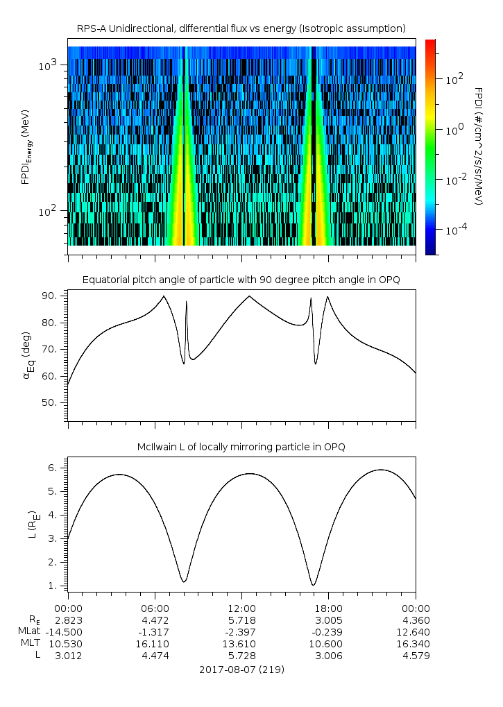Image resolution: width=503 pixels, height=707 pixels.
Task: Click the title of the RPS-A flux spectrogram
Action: (x=241, y=29)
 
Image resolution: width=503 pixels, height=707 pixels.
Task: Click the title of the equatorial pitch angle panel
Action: (x=241, y=280)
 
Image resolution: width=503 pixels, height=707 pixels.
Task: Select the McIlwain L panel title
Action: (x=241, y=447)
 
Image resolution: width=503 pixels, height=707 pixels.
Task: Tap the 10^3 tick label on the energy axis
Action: (x=47, y=65)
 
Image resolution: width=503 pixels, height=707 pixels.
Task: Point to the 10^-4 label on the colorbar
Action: (x=456, y=230)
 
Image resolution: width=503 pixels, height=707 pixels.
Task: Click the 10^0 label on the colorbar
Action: (x=454, y=130)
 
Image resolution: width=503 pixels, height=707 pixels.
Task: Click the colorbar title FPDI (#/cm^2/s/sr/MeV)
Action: (x=479, y=146)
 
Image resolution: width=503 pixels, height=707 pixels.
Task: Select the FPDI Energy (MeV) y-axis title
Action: (x=26, y=146)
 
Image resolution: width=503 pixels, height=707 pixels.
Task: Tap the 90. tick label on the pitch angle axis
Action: (x=49, y=296)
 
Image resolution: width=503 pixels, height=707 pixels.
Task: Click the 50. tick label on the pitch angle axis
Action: (x=49, y=402)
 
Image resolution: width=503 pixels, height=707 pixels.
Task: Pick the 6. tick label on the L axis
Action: (x=52, y=468)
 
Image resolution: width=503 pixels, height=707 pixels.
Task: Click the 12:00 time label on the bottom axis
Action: (x=241, y=608)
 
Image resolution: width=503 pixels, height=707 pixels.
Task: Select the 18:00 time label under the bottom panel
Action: (x=328, y=608)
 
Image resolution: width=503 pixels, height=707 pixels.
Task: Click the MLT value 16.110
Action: (x=155, y=644)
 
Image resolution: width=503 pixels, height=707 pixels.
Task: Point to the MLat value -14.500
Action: (x=66, y=632)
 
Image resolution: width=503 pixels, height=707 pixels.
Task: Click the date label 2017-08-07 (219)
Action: (x=241, y=670)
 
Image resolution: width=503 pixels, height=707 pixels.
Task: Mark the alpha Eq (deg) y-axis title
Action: (x=26, y=355)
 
